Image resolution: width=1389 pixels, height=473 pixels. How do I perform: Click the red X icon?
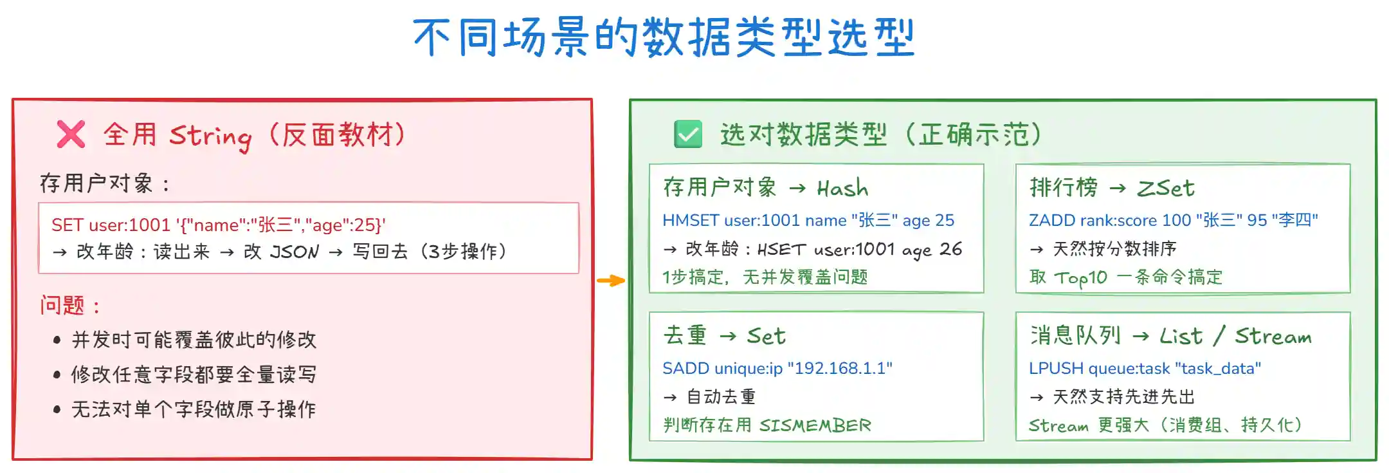[71, 134]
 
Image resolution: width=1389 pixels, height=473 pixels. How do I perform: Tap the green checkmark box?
[687, 134]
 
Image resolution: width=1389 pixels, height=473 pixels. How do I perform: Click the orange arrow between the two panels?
[610, 281]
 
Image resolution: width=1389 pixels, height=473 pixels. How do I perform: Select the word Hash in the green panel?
[842, 188]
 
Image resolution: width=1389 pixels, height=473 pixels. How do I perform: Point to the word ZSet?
[1165, 188]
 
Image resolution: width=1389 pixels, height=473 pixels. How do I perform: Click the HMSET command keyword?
[691, 220]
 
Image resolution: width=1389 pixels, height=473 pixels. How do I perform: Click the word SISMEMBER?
[815, 425]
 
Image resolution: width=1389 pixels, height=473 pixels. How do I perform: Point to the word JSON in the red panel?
[294, 252]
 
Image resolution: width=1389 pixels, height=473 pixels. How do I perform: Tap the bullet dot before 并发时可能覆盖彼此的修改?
[57, 340]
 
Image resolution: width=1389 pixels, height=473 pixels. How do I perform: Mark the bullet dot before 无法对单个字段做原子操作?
[57, 409]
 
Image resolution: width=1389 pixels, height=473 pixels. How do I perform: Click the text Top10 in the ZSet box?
[1080, 277]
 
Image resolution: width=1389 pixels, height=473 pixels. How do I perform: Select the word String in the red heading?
[210, 136]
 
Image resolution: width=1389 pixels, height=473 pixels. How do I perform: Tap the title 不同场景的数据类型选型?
[664, 37]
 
